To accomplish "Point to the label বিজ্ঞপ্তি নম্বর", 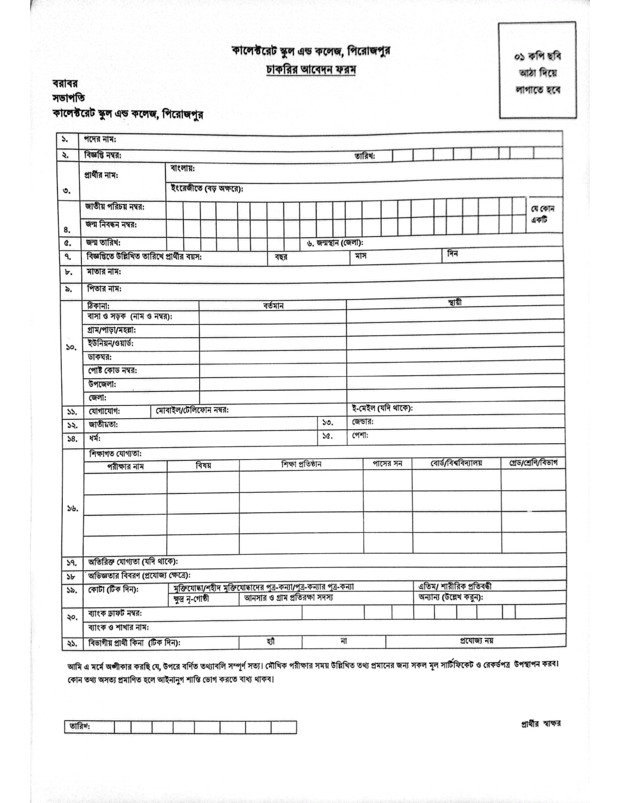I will coord(103,155).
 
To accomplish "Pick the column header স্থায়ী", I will coord(455,303).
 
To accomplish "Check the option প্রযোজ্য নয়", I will coord(476,640).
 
